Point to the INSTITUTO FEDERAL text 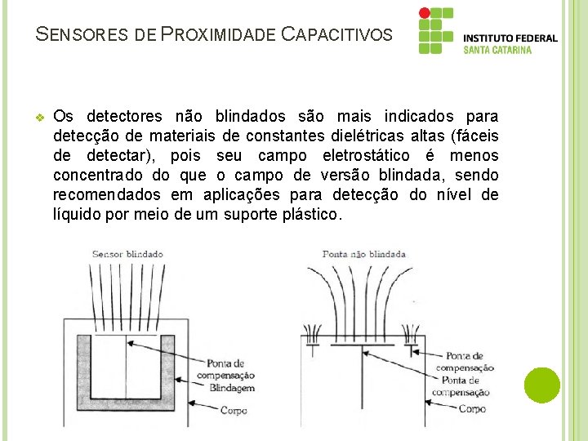[510, 38]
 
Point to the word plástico [312, 214]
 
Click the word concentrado [100, 175]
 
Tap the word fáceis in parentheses [475, 136]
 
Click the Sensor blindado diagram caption [127, 254]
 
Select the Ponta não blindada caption [364, 254]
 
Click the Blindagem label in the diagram [233, 388]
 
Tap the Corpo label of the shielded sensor [234, 410]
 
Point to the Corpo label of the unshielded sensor [472, 408]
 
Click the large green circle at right [542, 385]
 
